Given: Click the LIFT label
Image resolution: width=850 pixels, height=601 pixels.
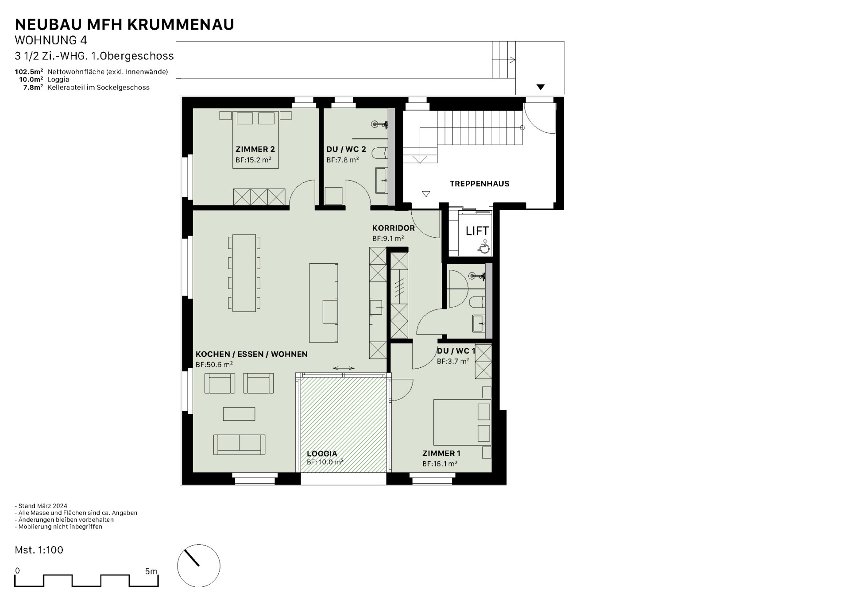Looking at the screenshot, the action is pos(477,231).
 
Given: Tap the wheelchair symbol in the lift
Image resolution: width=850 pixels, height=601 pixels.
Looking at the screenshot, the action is pos(484,247).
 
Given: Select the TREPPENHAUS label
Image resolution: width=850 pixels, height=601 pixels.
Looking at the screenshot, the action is pos(479,184).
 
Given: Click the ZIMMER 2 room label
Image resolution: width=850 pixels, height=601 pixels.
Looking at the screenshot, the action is pos(255,149).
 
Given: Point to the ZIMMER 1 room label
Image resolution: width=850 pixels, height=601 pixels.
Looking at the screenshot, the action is pos(441,453).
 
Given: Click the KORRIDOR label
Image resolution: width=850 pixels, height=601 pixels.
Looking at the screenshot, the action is pos(393,228).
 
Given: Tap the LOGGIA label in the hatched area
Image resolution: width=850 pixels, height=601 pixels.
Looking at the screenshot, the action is pos(322,454).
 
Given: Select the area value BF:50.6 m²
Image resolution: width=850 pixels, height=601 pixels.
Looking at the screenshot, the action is pos(214,365).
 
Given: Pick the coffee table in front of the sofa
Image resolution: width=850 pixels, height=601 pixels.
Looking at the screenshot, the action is pos(239,414).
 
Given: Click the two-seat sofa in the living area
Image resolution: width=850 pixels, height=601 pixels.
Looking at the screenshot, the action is pos(239,444).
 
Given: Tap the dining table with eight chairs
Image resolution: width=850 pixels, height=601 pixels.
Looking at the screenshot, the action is pos(244,273).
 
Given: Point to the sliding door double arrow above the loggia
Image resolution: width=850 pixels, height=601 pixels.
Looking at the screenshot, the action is pos(344,368).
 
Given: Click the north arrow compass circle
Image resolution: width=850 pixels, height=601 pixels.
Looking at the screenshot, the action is pos(199,566).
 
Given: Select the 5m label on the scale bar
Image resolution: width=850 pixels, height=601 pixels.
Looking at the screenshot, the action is pos(151,571).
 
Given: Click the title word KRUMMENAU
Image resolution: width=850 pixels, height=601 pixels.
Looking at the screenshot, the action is pos(181,25).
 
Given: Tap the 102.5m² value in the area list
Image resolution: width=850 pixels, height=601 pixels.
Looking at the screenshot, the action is pos(29,72).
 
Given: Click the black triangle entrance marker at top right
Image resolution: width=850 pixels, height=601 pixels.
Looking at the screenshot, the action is pos(540,87).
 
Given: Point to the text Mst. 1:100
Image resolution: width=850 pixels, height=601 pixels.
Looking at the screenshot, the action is pos(39,550).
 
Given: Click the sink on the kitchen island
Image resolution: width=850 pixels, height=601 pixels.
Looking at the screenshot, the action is pos(330,312).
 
